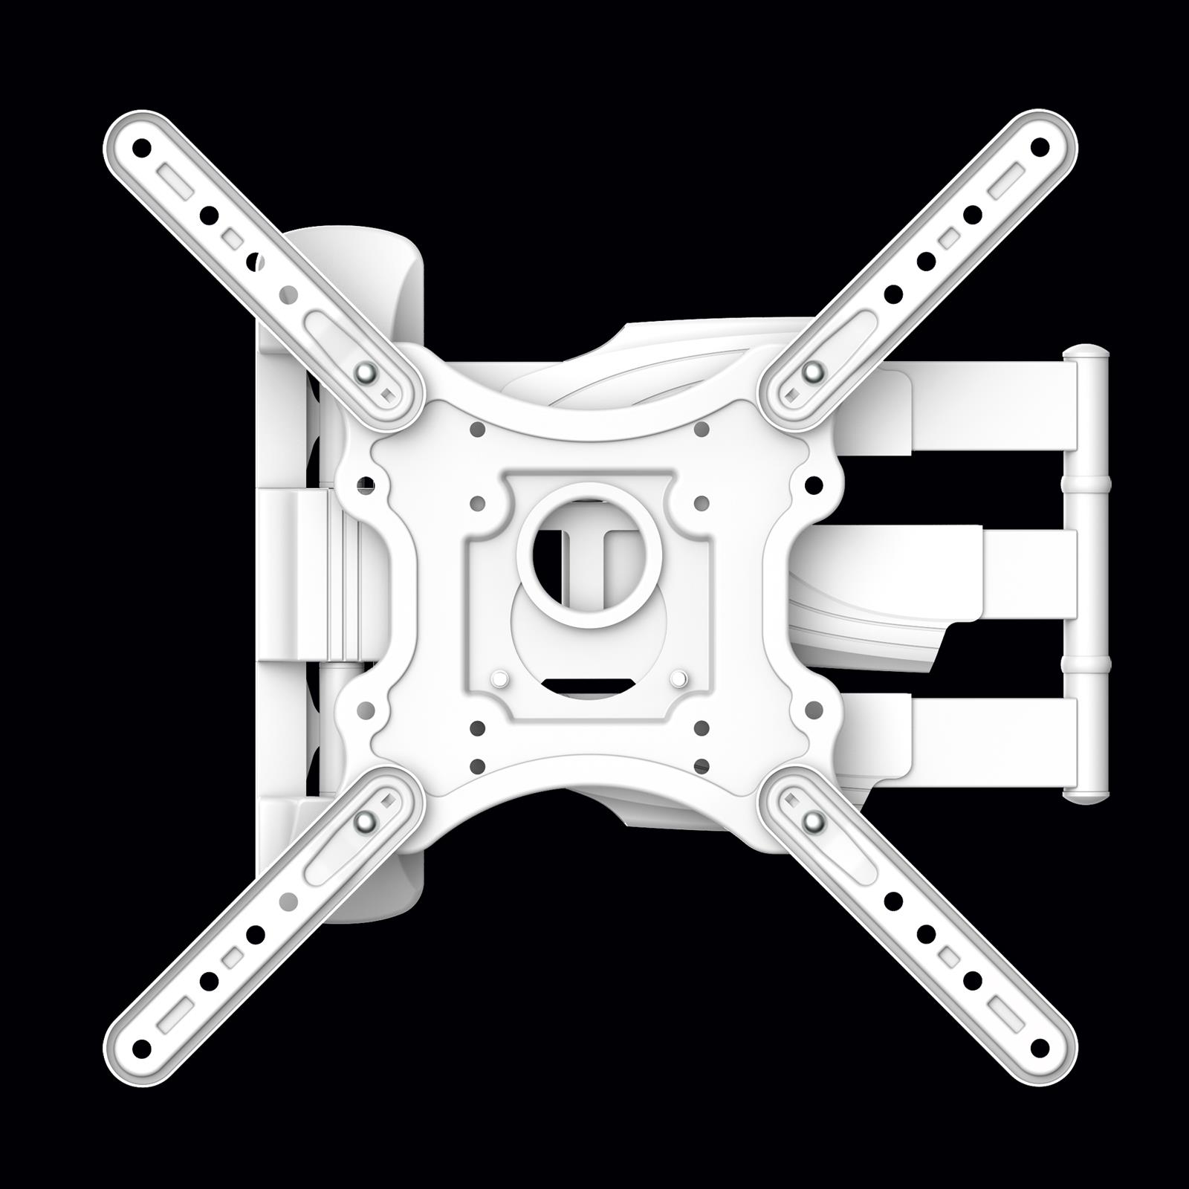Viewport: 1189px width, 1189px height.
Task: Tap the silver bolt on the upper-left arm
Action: point(365,372)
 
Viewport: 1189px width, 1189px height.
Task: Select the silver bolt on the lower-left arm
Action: point(365,820)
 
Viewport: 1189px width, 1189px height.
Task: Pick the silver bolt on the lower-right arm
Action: point(815,820)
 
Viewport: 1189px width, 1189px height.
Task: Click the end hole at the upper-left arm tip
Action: point(140,147)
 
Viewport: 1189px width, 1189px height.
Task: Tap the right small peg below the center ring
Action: point(678,678)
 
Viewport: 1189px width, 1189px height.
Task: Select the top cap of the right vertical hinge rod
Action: point(1086,353)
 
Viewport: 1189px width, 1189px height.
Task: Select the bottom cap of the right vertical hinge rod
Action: point(1086,797)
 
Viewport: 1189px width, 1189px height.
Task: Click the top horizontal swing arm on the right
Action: point(988,406)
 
